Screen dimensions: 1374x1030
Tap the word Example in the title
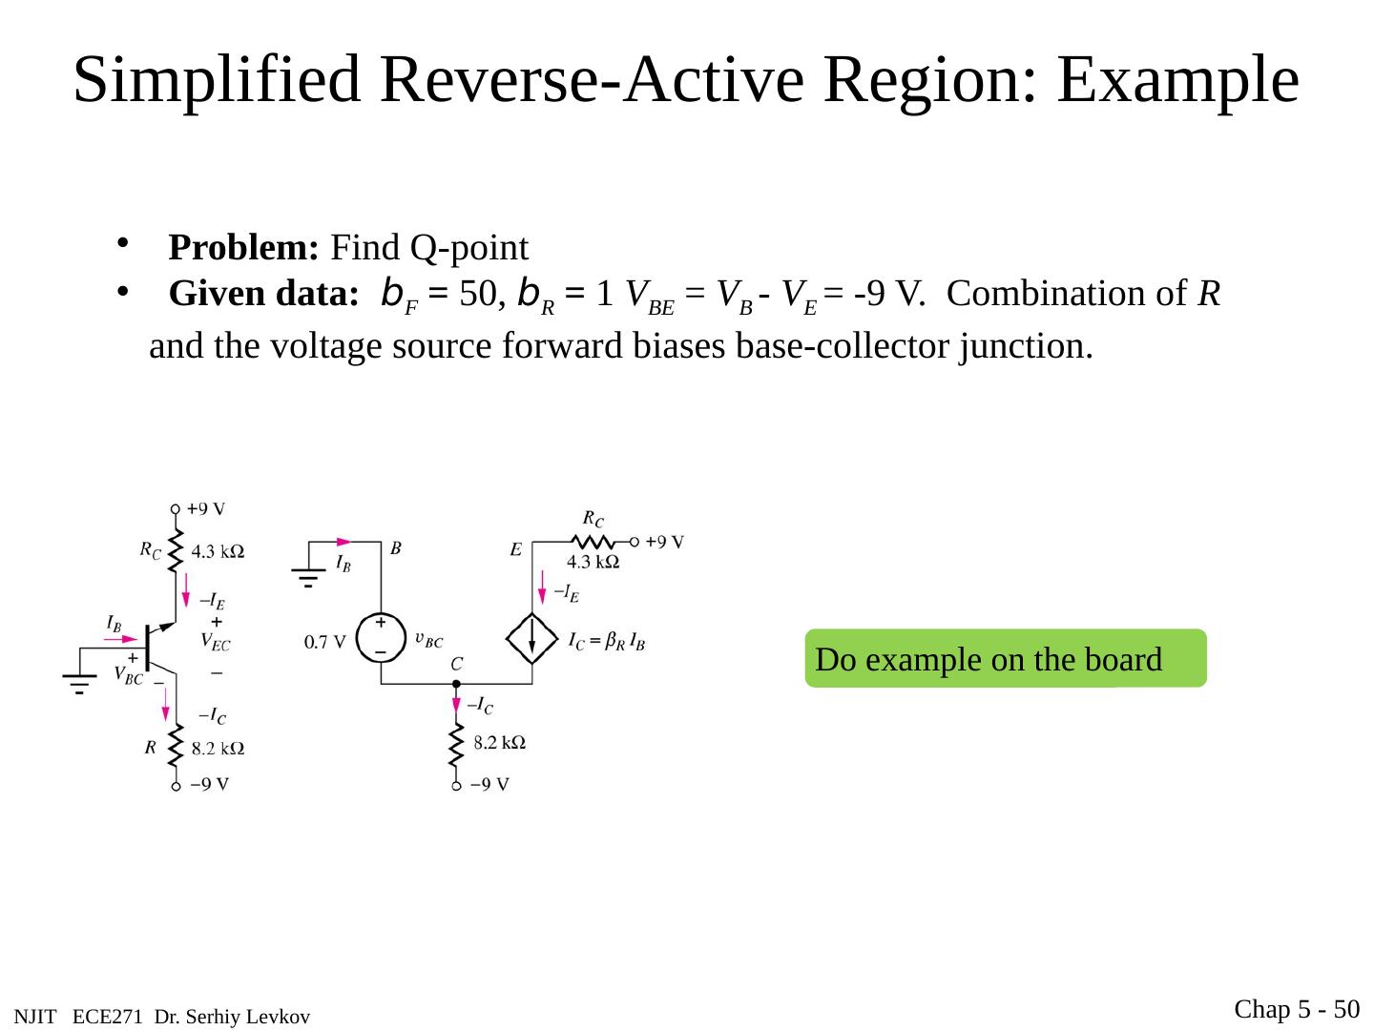click(1177, 80)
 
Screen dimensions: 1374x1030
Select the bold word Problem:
click(243, 248)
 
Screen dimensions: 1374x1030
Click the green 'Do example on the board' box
click(1005, 659)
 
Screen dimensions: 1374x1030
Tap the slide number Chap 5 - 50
click(1297, 1008)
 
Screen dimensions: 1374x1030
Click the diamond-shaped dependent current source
click(532, 638)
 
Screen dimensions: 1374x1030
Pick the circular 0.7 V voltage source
click(381, 638)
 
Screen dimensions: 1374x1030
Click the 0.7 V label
click(324, 643)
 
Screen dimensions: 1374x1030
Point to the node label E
click(515, 549)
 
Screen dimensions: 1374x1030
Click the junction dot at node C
click(456, 684)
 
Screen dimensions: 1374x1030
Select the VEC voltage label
click(215, 643)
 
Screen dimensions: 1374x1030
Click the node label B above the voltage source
click(395, 548)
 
